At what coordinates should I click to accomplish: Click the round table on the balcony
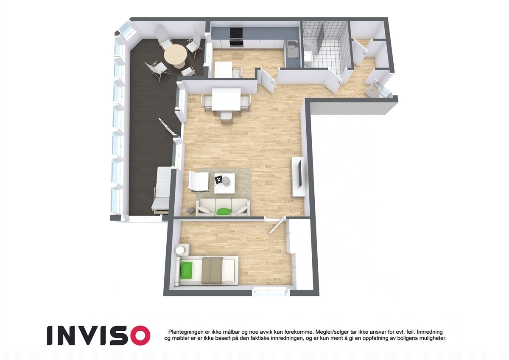[x=175, y=54]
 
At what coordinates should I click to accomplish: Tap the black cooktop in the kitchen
[x=236, y=32]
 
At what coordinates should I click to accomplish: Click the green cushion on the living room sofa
[x=224, y=211]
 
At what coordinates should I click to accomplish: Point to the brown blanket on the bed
[x=212, y=270]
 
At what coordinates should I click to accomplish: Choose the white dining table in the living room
[x=226, y=99]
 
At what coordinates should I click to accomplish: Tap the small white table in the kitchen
[x=223, y=68]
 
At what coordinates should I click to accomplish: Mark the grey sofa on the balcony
[x=161, y=189]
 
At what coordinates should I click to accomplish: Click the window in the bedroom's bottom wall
[x=270, y=291]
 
